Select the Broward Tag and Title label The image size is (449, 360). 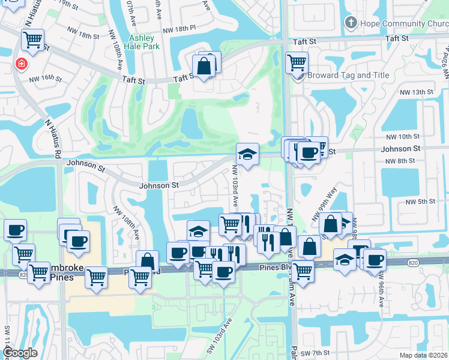[348, 76]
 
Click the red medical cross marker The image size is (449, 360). [22, 64]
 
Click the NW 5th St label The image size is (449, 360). [418, 202]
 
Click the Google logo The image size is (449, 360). [20, 353]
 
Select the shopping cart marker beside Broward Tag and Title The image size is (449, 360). [297, 62]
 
